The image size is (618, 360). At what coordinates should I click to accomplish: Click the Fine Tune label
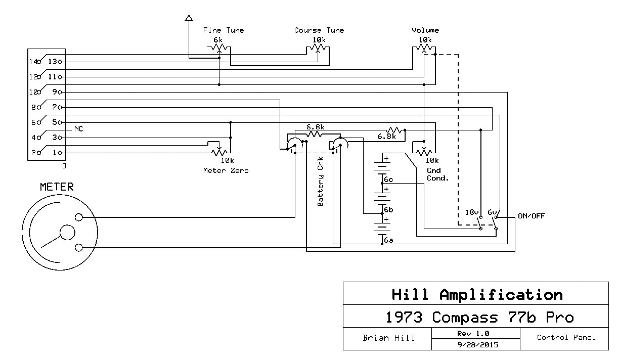pos(223,30)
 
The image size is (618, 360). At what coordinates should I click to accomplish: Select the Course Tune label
pos(319,30)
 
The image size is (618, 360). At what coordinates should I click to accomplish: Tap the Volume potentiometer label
pos(425,30)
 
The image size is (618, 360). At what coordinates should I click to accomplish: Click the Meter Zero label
pos(226,170)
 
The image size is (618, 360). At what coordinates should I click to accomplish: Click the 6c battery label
pos(389,179)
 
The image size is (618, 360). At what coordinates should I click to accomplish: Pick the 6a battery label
pos(388,240)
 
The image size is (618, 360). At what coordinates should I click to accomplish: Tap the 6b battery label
pos(388,209)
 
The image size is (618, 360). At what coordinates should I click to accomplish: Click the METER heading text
pos(57,187)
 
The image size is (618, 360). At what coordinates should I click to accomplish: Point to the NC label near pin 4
pos(78,128)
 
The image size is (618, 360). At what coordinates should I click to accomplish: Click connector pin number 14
pos(34,62)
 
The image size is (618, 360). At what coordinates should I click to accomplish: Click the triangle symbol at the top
pos(189,19)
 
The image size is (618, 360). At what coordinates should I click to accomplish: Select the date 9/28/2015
pos(476,345)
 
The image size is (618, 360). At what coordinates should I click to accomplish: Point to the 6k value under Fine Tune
pos(217,39)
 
